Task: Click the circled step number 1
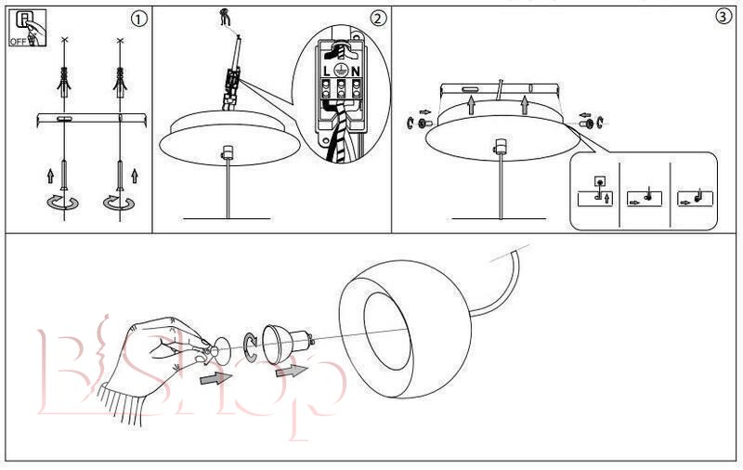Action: tap(138, 20)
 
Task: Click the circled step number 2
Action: tap(378, 19)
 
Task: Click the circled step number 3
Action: tap(723, 17)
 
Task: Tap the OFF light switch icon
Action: tap(28, 29)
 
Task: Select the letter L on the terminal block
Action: tap(327, 72)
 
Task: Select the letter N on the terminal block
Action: tap(355, 72)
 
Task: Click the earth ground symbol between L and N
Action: tap(340, 70)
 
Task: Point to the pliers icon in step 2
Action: tap(225, 18)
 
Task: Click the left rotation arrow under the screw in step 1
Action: tap(62, 202)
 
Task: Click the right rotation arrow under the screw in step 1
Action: tap(119, 202)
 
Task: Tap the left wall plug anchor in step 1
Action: tap(64, 82)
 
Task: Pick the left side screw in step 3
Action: tap(424, 124)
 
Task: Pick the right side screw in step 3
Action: tap(587, 124)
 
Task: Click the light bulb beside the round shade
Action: tap(286, 343)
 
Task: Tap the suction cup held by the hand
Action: tap(219, 351)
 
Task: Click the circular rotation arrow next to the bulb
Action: tap(250, 347)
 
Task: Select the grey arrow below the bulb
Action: tap(292, 370)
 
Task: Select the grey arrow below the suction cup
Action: tap(216, 378)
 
